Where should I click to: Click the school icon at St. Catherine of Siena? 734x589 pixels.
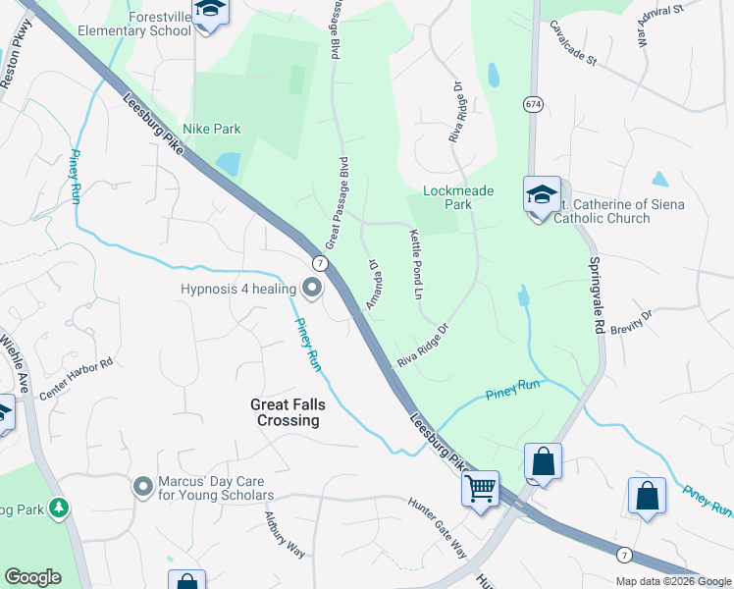(541, 195)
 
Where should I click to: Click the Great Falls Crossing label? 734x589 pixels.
(286, 412)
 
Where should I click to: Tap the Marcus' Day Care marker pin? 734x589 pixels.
(143, 486)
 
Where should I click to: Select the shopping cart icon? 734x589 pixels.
(480, 488)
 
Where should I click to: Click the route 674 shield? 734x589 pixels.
(533, 104)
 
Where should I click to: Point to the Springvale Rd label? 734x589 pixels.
(595, 295)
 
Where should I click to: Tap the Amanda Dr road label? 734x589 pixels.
(373, 285)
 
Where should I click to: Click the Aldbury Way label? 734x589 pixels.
(285, 535)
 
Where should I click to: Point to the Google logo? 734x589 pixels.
(32, 577)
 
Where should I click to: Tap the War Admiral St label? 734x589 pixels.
(659, 25)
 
